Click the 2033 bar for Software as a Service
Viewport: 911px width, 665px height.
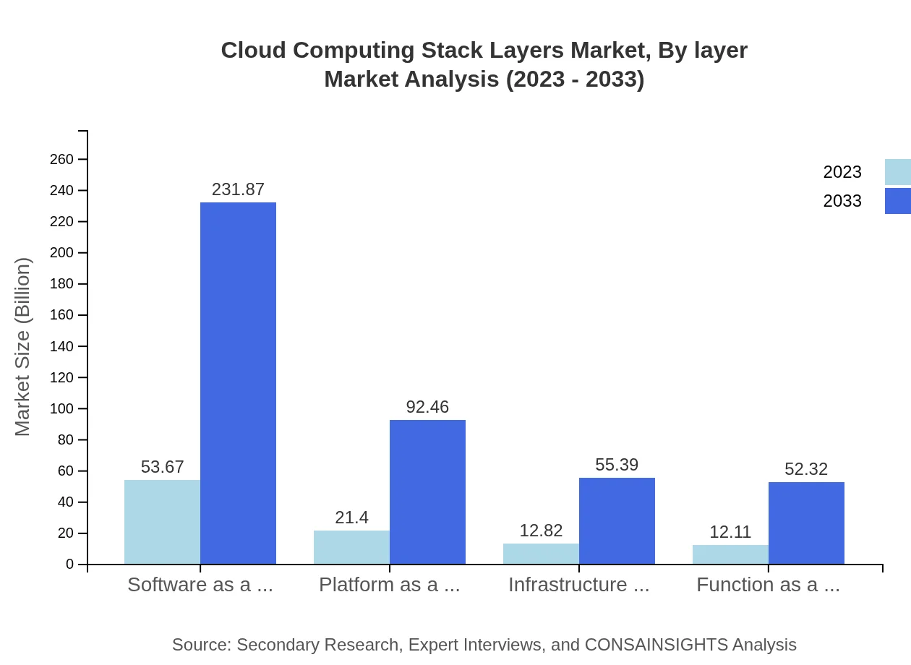click(x=238, y=383)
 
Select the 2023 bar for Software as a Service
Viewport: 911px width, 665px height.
click(x=162, y=522)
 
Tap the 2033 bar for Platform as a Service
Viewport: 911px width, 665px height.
click(x=427, y=492)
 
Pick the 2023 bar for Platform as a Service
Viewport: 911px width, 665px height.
click(x=351, y=547)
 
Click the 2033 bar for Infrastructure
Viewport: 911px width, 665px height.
click(x=617, y=520)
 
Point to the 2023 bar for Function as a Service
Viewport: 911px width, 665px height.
click(x=730, y=554)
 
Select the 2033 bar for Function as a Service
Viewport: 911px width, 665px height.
click(x=806, y=523)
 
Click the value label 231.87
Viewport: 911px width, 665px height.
click(x=238, y=189)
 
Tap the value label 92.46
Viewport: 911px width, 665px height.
click(x=427, y=407)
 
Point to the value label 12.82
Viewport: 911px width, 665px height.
click(x=541, y=531)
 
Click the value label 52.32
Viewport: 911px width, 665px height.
click(x=806, y=469)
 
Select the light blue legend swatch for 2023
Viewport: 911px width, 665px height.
click(x=897, y=172)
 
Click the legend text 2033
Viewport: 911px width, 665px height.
click(x=842, y=201)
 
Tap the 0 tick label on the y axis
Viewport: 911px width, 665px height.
click(x=70, y=564)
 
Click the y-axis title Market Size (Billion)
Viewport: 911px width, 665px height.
click(x=22, y=347)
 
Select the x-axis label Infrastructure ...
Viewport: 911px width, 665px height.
click(x=578, y=585)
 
